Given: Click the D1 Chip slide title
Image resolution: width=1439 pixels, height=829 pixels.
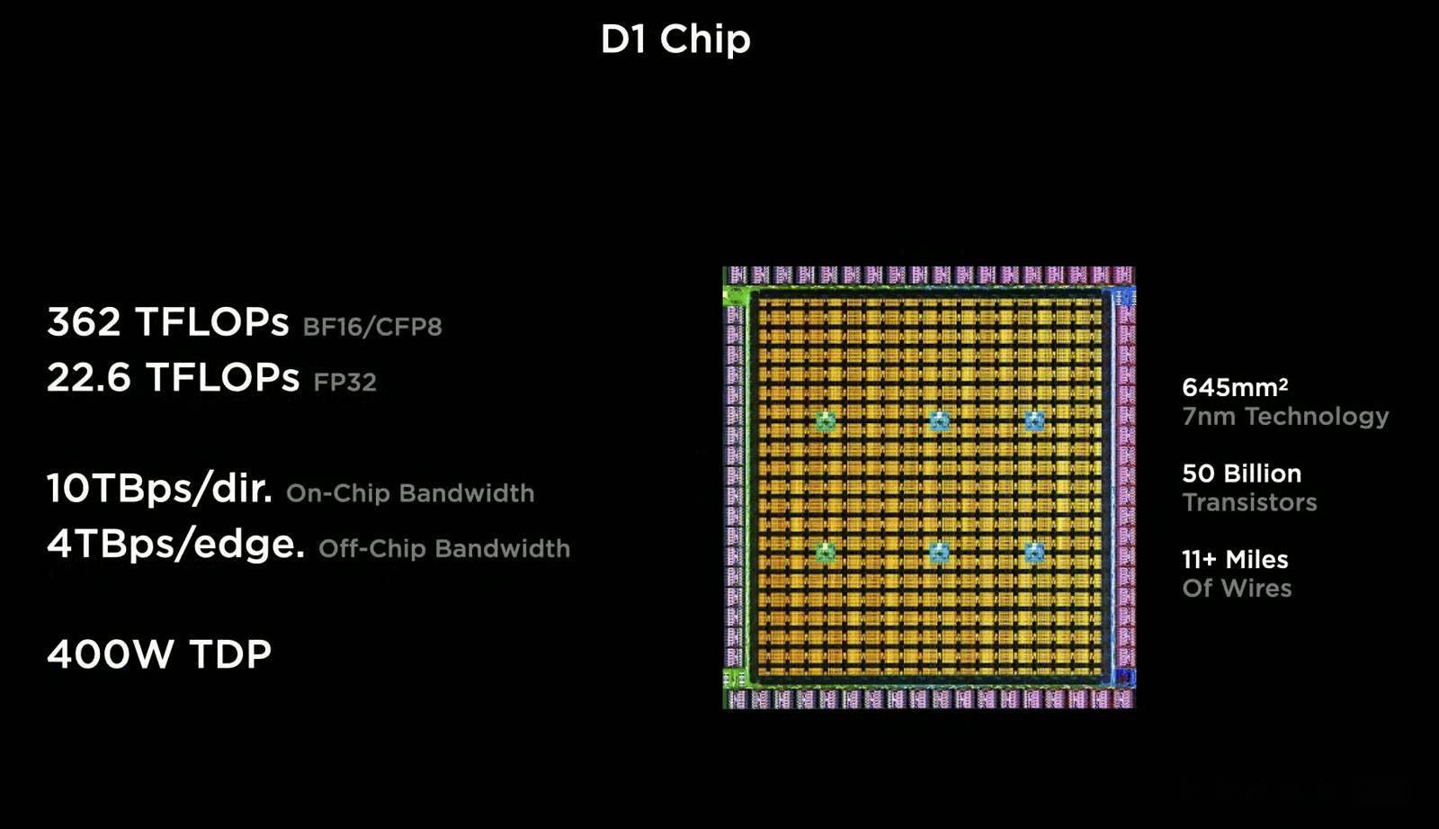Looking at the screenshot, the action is tap(675, 40).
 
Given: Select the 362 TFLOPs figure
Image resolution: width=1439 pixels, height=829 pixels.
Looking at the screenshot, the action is tap(167, 321).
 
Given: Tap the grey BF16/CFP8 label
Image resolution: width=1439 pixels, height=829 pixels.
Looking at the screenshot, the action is tap(372, 328).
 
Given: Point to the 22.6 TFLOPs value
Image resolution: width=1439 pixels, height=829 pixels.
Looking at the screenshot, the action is tap(173, 377).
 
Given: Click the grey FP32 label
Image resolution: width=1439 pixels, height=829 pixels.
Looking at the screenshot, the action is tap(344, 382).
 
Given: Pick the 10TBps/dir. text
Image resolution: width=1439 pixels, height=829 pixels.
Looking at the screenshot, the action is tap(159, 488).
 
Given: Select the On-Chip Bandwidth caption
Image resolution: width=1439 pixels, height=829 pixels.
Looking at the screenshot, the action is tap(410, 493).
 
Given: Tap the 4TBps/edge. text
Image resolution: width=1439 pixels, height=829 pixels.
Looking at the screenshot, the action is tap(175, 544).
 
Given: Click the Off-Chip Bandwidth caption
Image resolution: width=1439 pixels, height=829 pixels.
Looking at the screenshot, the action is tap(444, 548).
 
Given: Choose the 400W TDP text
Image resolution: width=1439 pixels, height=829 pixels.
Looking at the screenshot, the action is tap(159, 654).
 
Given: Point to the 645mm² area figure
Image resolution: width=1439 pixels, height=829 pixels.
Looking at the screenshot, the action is tap(1235, 387).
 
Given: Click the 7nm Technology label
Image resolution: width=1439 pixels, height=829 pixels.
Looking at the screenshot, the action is tap(1285, 417).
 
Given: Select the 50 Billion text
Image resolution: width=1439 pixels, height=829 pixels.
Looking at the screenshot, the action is tap(1242, 474).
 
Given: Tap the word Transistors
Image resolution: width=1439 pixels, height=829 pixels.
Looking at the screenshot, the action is tap(1249, 502).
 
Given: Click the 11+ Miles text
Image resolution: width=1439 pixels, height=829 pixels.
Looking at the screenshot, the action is tap(1235, 560).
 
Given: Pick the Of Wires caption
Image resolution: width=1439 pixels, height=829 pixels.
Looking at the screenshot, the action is tap(1237, 588).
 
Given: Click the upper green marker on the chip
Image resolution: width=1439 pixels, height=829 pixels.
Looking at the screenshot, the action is tap(826, 421).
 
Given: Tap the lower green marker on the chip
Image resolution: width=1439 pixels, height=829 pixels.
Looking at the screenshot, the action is tap(826, 553).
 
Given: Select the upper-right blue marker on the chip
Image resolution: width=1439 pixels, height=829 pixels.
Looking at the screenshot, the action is tap(1034, 421).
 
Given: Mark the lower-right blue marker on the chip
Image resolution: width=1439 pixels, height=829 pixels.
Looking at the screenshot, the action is tap(1034, 553).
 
